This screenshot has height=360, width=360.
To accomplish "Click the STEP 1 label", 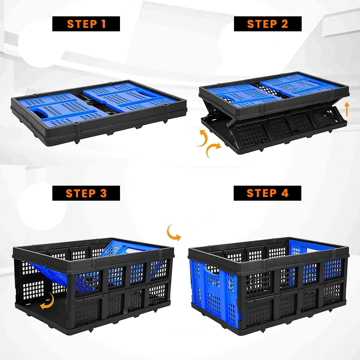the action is point(86,24).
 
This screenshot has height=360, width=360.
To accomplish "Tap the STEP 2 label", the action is point(268,24).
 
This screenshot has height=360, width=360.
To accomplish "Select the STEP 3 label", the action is point(86,193).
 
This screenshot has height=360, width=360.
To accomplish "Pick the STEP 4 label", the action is point(267,193).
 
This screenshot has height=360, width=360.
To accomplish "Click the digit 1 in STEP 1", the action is point(103,24).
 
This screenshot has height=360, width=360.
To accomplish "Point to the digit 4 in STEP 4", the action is point(285,193).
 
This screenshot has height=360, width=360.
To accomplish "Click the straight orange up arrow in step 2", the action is point(347,109).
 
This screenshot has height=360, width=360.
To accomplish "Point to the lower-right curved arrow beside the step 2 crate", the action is point(212,149).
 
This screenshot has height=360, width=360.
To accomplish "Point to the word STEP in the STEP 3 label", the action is point(81,193).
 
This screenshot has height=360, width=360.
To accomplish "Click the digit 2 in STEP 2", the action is point(285,24).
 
